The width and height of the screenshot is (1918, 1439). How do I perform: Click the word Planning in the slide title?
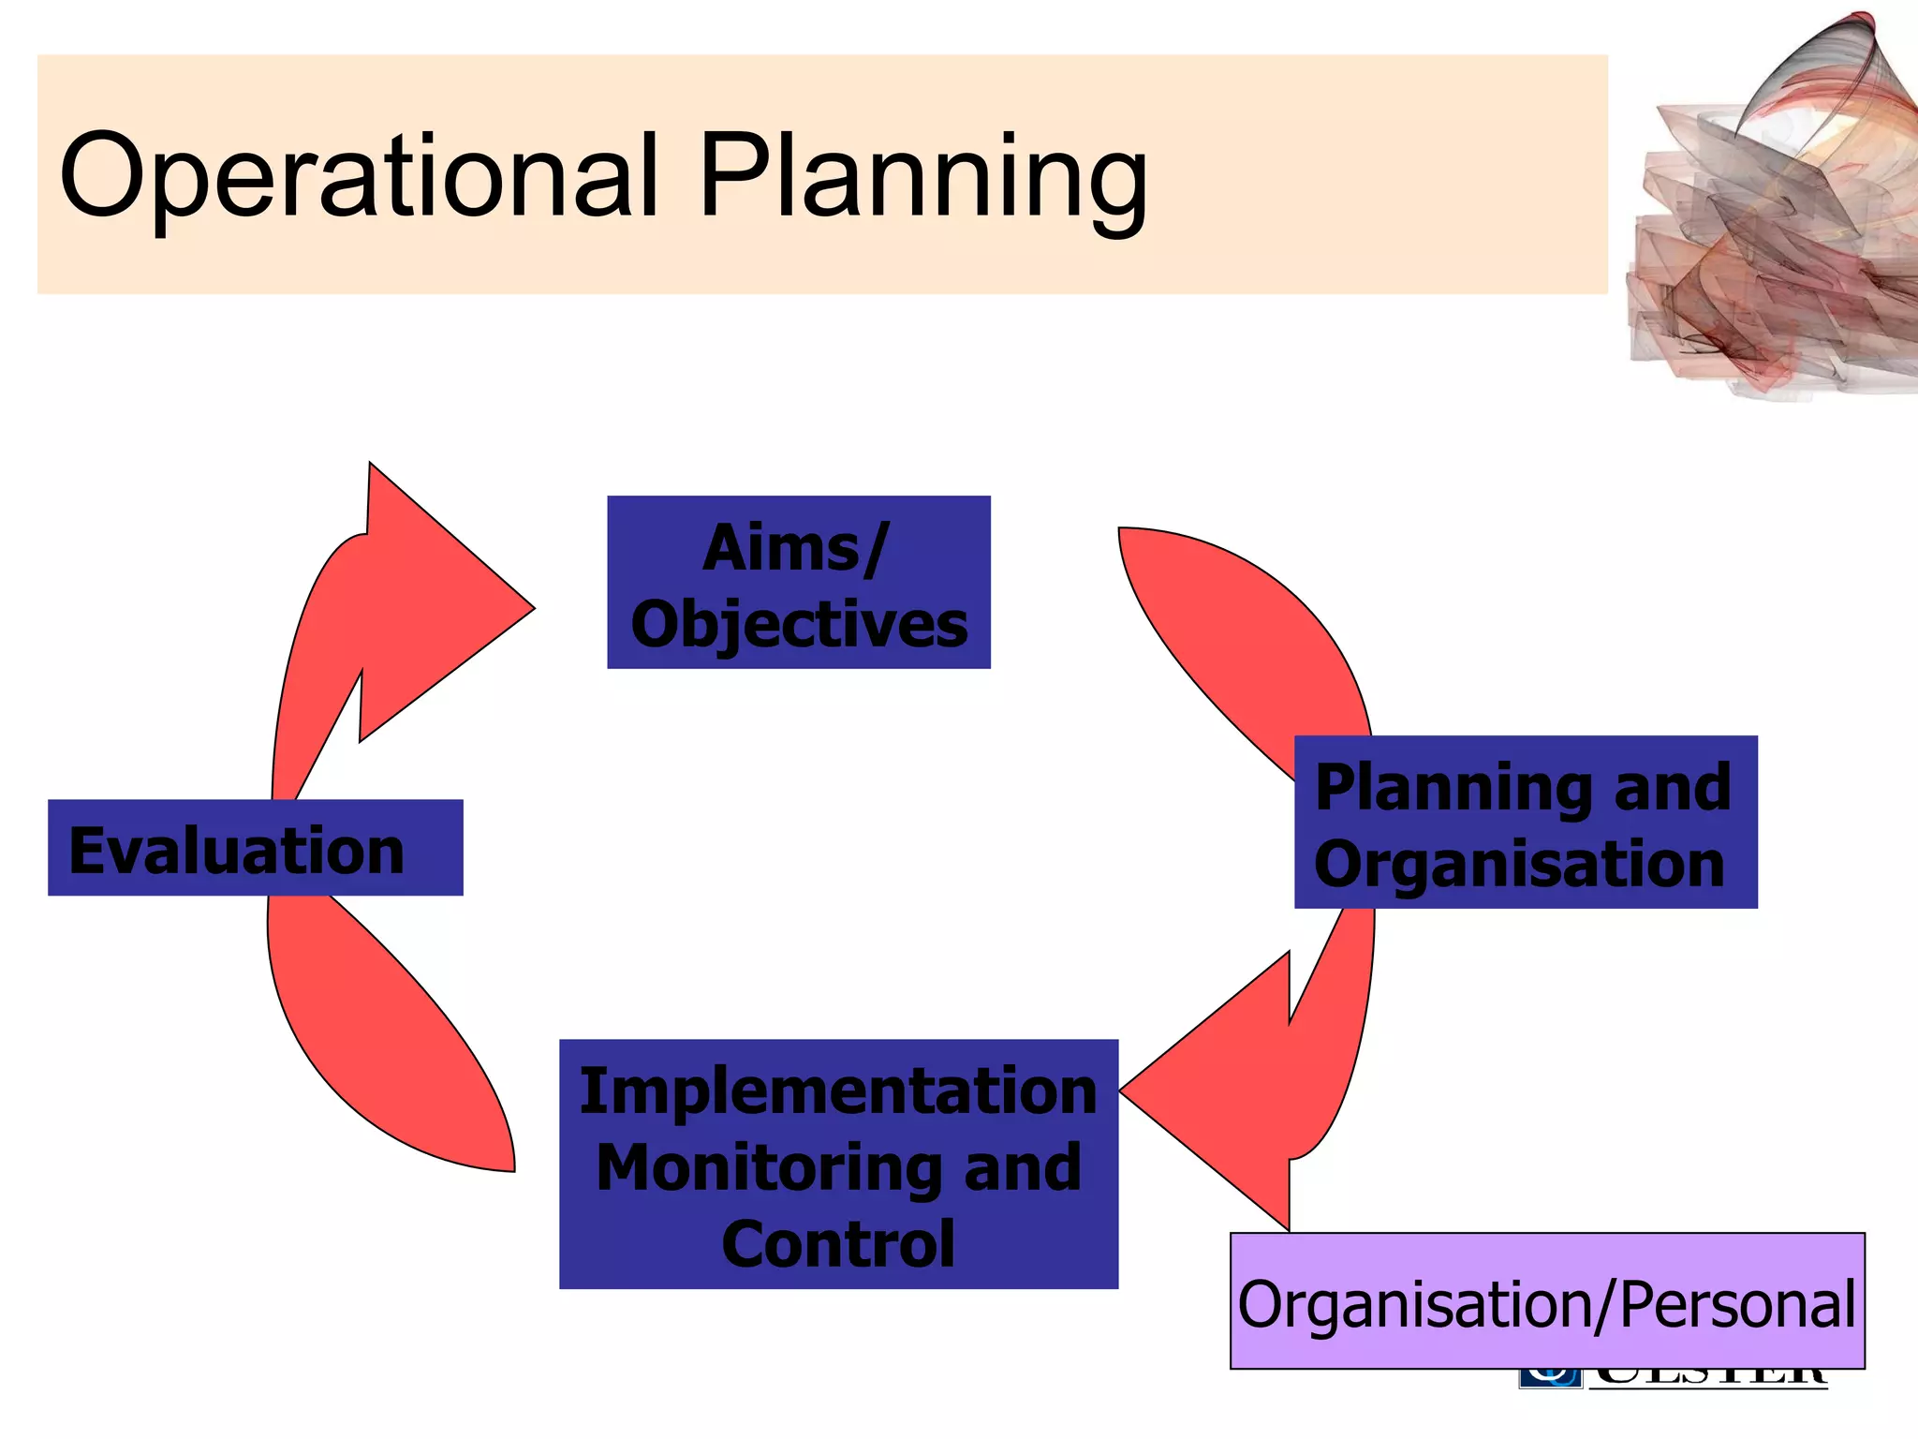click(x=922, y=178)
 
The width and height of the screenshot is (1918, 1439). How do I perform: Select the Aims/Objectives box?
click(x=798, y=582)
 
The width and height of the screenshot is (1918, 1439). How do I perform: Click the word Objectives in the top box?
click(x=799, y=625)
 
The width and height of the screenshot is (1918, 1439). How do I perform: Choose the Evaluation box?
click(x=255, y=848)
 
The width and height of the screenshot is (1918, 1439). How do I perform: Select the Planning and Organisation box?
click(x=1525, y=822)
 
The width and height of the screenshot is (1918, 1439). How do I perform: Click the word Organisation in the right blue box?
click(x=1519, y=863)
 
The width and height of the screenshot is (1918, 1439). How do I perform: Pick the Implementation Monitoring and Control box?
click(x=838, y=1164)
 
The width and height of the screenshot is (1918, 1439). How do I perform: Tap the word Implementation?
click(x=838, y=1091)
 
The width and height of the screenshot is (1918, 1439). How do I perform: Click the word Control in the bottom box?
click(x=838, y=1244)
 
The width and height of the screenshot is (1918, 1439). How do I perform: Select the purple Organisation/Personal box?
click(x=1546, y=1301)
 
